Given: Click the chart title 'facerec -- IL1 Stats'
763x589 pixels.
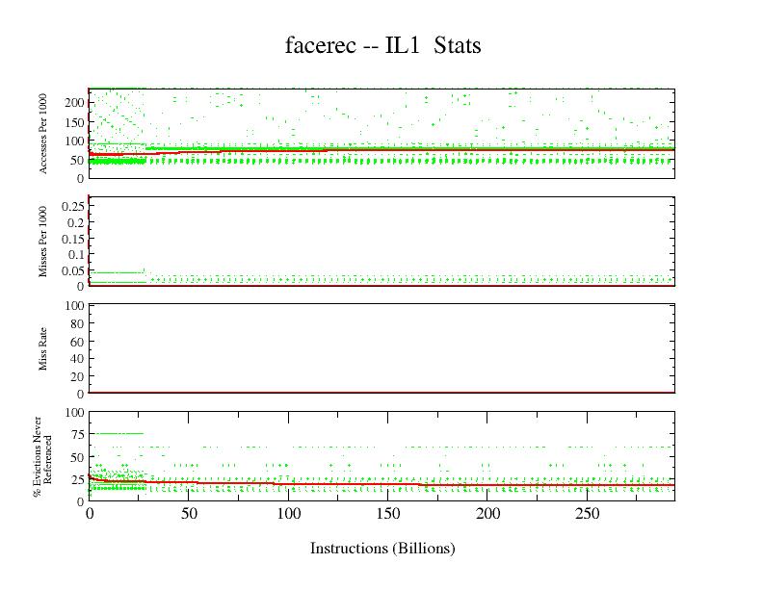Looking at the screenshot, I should pyautogui.click(x=382, y=45).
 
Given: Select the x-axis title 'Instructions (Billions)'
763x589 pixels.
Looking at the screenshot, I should pyautogui.click(x=382, y=549).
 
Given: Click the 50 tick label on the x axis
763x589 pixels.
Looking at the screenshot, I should pyautogui.click(x=189, y=515).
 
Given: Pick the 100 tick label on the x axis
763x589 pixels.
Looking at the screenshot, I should pyautogui.click(x=289, y=515).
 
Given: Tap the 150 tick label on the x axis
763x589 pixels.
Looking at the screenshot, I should pyautogui.click(x=388, y=515).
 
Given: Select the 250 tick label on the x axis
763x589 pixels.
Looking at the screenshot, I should pyautogui.click(x=588, y=515).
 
